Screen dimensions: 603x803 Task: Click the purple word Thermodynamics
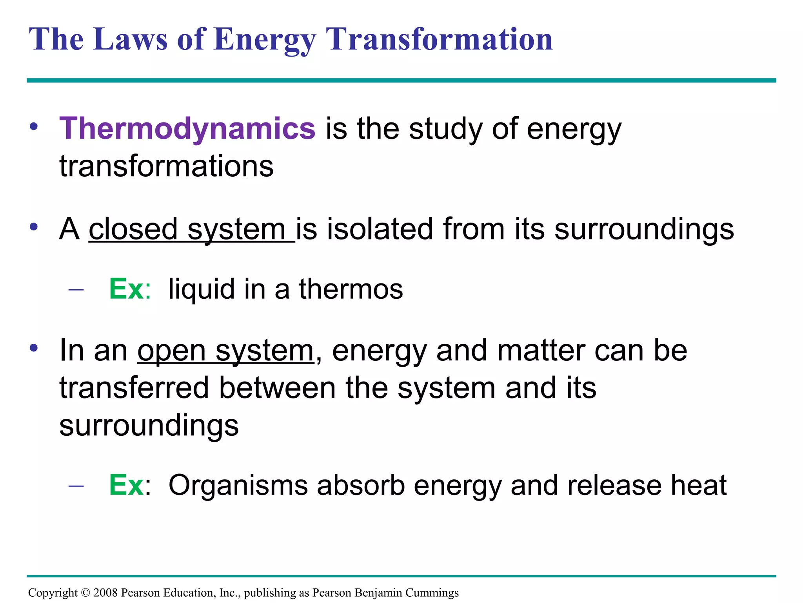187,129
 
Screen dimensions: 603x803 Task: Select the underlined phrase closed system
191,229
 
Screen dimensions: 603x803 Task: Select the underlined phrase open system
225,351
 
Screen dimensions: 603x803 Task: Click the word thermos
351,289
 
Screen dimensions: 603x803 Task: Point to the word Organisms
238,486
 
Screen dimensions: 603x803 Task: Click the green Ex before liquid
126,289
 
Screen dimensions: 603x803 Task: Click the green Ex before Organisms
126,486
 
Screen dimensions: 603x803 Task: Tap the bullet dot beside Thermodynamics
34,126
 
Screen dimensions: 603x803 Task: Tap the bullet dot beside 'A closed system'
34,227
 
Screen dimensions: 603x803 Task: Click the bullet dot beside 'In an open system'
34,348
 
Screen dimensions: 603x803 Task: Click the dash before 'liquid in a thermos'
76,290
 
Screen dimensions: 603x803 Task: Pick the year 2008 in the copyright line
105,592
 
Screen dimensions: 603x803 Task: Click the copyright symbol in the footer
85,592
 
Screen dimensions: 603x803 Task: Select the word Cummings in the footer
432,592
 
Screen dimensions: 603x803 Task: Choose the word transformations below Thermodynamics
167,166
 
